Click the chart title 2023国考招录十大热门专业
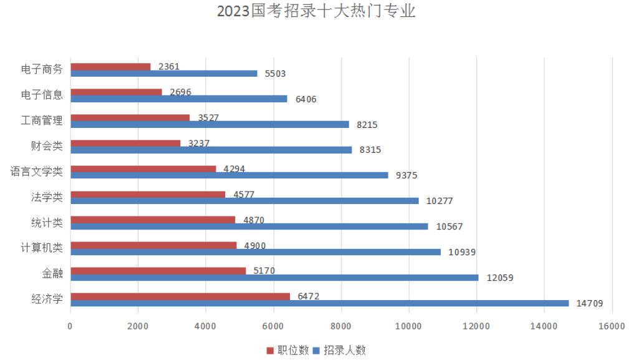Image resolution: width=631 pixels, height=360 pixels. click(x=315, y=12)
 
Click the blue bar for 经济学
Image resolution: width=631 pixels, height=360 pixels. click(x=319, y=303)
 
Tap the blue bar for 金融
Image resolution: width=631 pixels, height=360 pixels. click(x=274, y=278)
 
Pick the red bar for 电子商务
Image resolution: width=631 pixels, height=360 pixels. click(x=110, y=67)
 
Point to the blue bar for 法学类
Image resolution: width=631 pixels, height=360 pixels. click(x=244, y=201)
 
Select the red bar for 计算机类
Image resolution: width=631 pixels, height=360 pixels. click(x=153, y=245)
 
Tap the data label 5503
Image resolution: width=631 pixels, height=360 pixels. click(x=275, y=74)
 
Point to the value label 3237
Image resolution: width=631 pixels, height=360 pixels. click(x=198, y=143)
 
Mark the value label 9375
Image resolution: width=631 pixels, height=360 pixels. click(x=407, y=175)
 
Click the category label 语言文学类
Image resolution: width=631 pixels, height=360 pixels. click(x=36, y=172)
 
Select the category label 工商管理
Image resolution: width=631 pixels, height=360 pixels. click(x=42, y=120)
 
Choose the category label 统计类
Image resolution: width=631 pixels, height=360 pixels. click(x=47, y=223)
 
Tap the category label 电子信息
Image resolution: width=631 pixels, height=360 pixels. click(x=42, y=95)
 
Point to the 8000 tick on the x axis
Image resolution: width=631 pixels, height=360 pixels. click(x=341, y=326)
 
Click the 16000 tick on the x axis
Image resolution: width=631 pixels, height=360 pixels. click(x=612, y=326)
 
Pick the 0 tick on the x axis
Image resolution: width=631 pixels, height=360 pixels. click(x=70, y=326)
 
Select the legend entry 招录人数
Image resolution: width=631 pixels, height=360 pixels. click(x=344, y=350)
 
